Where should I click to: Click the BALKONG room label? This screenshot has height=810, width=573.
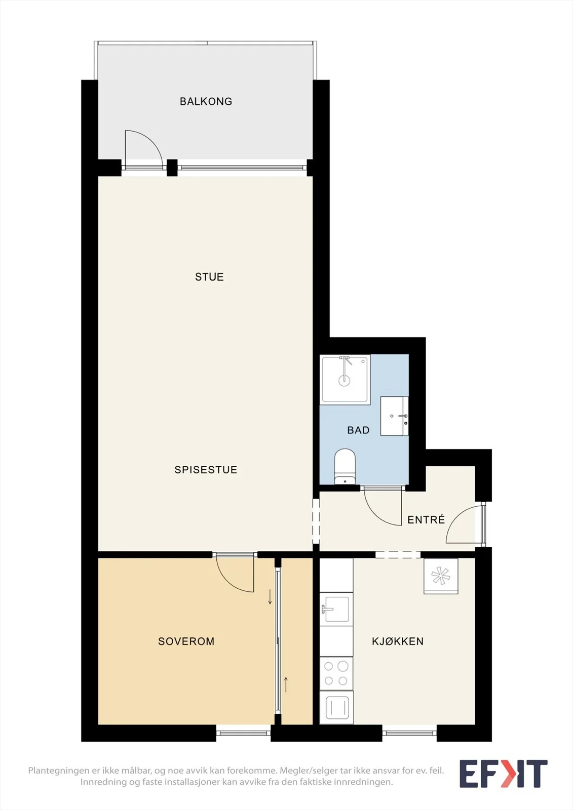click(x=206, y=101)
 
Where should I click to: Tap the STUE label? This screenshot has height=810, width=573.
click(x=209, y=277)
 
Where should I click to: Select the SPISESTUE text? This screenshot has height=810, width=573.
click(x=206, y=470)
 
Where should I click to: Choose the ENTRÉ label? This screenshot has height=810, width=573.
click(x=426, y=519)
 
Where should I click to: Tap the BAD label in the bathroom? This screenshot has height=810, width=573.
click(x=358, y=430)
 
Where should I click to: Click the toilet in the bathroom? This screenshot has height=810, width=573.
click(x=345, y=466)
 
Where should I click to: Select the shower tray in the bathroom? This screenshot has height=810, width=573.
click(x=345, y=379)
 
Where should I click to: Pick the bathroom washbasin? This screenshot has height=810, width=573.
click(x=394, y=416)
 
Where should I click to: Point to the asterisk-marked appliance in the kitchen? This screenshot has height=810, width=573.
click(x=441, y=576)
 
